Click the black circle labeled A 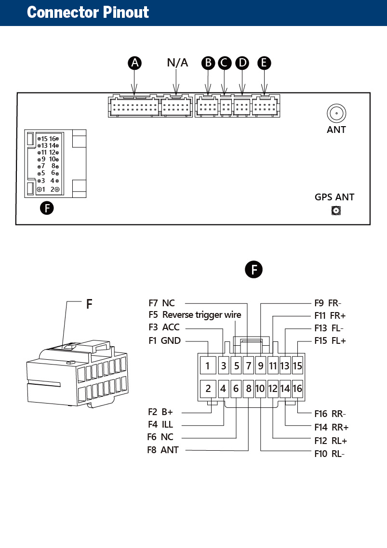point(135,63)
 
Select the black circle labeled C point(225,63)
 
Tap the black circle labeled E point(264,63)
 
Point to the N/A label point(177,63)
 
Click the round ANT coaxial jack point(336,113)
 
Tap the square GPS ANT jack point(336,210)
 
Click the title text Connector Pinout point(88,12)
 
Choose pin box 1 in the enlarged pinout point(208,365)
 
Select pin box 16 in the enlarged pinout point(297,388)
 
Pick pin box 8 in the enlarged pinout point(248,388)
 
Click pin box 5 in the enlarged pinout point(236,365)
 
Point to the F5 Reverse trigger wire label point(195,315)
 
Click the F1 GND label point(164,340)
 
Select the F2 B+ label point(160,412)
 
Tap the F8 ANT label point(163,450)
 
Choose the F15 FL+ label point(330,341)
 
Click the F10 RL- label point(330,454)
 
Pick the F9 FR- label point(328,303)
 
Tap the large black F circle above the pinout point(254,270)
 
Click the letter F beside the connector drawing point(89,304)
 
